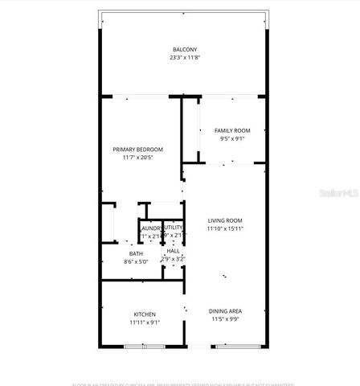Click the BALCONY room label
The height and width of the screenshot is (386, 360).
(181, 49)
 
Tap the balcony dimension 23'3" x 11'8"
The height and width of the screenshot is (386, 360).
(181, 58)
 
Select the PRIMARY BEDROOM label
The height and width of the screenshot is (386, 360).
(137, 150)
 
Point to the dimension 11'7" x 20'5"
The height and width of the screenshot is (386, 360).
(137, 158)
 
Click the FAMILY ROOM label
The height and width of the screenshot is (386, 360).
(231, 130)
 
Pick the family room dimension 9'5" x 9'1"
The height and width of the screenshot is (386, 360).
(231, 138)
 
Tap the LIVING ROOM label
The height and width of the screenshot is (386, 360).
(225, 220)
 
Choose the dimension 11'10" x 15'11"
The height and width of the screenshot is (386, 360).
(225, 229)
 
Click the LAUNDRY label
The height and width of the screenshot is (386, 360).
(151, 228)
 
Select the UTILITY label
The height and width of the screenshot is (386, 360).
(174, 228)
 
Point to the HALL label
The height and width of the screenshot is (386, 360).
(173, 251)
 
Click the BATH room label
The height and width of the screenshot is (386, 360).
(137, 253)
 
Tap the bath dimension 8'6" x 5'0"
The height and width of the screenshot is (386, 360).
(137, 261)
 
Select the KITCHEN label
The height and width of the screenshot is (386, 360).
(145, 314)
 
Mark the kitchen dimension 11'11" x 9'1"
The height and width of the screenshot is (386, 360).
(145, 322)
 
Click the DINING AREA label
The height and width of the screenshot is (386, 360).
(225, 311)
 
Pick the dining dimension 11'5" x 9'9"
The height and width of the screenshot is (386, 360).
(225, 319)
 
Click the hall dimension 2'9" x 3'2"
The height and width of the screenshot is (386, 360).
(173, 259)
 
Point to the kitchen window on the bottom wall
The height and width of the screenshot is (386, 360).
(145, 346)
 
